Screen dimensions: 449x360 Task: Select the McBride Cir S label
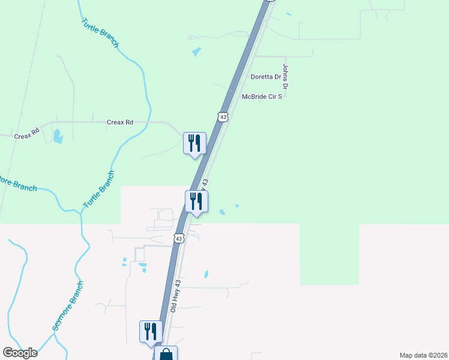pos(261,96)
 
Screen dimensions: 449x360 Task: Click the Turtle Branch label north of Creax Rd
pos(100,33)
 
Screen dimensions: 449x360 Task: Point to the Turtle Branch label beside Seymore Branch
pos(98,189)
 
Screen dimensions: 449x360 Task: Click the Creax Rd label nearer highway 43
pos(119,122)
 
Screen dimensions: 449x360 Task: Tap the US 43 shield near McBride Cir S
pos(223,117)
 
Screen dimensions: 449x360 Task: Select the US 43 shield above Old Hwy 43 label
pos(178,238)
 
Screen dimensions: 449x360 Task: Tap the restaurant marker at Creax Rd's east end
pos(194,144)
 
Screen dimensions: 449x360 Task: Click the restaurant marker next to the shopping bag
pos(151,332)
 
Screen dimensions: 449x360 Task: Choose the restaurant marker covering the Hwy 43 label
pos(196,202)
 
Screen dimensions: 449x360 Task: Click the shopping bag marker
pos(166,354)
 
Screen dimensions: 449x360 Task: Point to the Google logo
pos(20,353)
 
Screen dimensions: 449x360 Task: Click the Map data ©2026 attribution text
pos(423,355)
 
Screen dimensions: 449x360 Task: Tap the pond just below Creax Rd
pos(58,136)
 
